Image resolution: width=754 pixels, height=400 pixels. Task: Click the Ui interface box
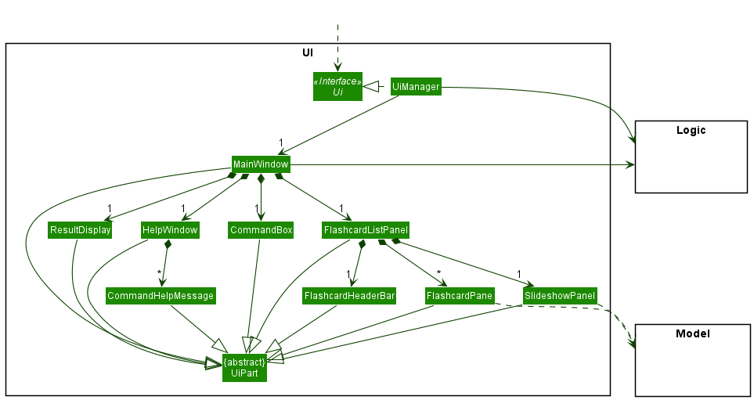point(337,86)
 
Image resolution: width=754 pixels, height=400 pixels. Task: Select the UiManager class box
point(416,86)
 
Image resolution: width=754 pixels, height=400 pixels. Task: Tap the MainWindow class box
point(261,164)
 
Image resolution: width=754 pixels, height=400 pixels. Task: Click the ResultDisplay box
point(80,230)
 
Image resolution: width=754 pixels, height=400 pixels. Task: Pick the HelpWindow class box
point(170,230)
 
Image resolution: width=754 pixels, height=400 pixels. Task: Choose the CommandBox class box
point(261,230)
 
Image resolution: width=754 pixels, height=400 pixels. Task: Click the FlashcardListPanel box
point(366,230)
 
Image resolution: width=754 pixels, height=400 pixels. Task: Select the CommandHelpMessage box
point(161,296)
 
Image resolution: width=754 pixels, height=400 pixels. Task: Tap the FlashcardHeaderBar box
point(349,296)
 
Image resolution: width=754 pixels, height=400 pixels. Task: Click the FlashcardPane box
point(460,296)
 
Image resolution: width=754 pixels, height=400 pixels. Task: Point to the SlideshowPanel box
point(560,296)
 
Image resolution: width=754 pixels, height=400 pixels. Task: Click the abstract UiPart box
point(244,368)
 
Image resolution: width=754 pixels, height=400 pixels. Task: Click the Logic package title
point(691,130)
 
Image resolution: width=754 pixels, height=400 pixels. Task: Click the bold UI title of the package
point(308,52)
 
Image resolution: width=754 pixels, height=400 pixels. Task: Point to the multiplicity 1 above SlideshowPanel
point(519,274)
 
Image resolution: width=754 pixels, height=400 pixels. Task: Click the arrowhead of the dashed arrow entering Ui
point(337,67)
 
